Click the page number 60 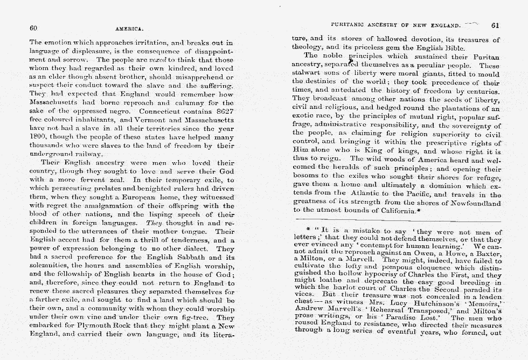tap(33, 27)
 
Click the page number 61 tap(496, 25)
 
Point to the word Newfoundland tap(473, 203)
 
